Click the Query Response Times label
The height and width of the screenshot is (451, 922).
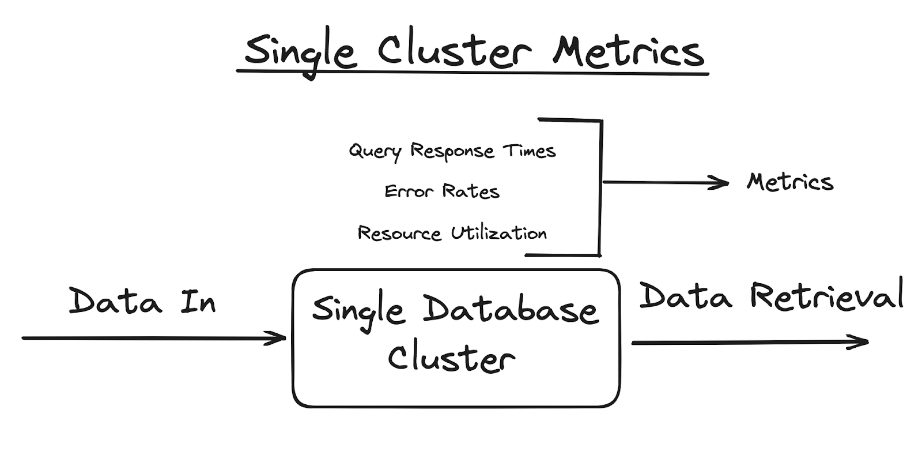point(452,151)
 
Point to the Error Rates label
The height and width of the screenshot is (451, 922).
point(441,191)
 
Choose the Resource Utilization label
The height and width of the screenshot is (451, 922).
point(452,233)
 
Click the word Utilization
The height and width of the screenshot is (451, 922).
point(498,233)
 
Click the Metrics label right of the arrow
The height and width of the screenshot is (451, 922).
point(789,182)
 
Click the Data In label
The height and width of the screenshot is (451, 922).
point(142,301)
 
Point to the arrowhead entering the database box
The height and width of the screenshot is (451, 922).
point(280,338)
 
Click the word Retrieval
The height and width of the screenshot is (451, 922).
point(826,295)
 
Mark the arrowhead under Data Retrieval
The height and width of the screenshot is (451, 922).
point(862,341)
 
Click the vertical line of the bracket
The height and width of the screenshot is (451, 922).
point(600,187)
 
